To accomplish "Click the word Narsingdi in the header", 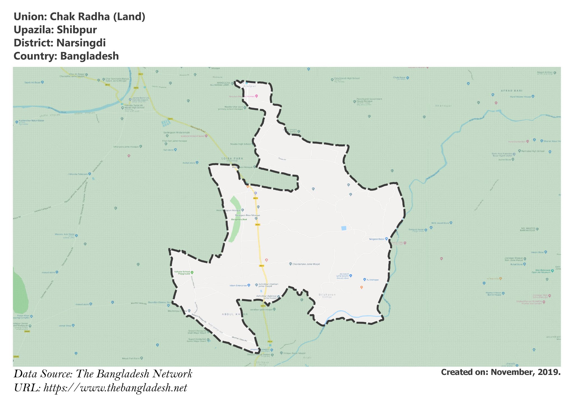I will tap(81, 43).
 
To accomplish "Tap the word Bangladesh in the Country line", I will tap(90, 56).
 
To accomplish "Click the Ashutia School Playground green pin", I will tap(192, 272).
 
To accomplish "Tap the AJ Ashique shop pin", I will tap(365, 280).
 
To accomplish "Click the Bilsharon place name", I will tap(327, 295).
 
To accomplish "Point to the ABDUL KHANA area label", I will tap(235, 314).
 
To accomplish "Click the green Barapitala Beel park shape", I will tap(235, 219).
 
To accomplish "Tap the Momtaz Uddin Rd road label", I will tap(239, 339).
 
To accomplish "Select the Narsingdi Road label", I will tap(198, 129).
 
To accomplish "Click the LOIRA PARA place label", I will tap(232, 158).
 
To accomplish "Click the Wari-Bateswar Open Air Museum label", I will tap(541, 271).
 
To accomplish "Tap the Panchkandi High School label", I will tap(347, 78).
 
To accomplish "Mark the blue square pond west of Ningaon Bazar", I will tap(344, 228).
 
